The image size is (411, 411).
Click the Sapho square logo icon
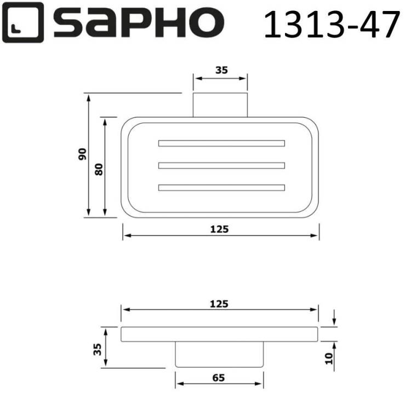pyautogui.click(x=23, y=22)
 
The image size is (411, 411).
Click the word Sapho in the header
pyautogui.click(x=139, y=23)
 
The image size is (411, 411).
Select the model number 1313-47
pyautogui.click(x=332, y=24)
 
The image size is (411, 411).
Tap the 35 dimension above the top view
pyautogui.click(x=221, y=70)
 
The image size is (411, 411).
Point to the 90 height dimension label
pyautogui.click(x=82, y=155)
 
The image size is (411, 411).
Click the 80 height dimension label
pyautogui.click(x=99, y=169)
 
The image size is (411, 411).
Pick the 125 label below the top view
pyautogui.click(x=219, y=230)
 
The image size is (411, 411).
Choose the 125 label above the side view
pyautogui.click(x=219, y=304)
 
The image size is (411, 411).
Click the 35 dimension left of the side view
pyautogui.click(x=97, y=350)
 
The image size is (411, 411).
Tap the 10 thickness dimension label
pyautogui.click(x=328, y=358)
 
